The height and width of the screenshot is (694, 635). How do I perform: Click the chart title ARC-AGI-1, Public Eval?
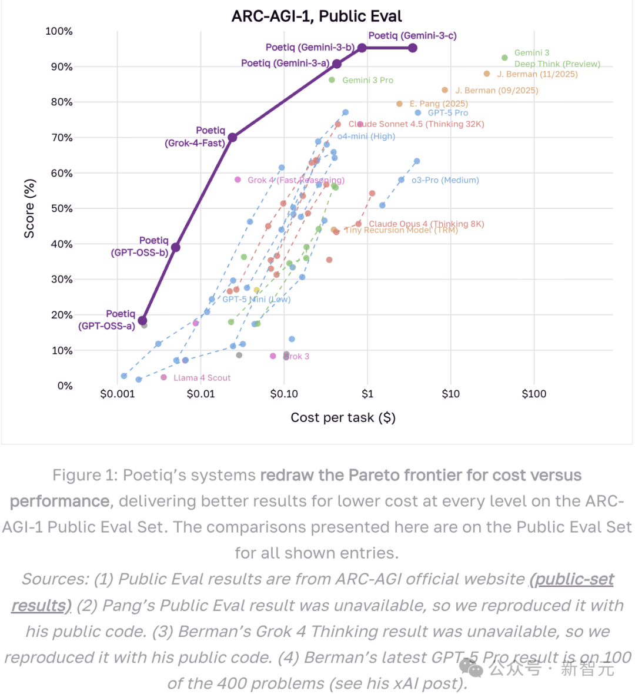click(316, 16)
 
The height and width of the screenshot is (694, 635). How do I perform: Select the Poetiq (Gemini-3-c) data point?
click(413, 48)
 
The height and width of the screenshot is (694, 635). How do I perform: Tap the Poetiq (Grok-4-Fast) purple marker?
click(232, 137)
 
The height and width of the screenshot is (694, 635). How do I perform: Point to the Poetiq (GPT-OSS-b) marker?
click(175, 247)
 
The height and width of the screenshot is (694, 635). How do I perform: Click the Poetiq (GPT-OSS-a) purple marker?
click(142, 321)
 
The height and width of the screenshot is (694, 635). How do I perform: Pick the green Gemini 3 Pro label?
click(367, 80)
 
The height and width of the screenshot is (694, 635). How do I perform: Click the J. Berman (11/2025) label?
click(537, 74)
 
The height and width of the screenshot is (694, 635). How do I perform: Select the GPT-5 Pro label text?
click(447, 112)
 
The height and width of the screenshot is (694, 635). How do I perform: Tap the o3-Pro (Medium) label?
click(444, 180)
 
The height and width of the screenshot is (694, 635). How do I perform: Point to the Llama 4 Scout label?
click(202, 378)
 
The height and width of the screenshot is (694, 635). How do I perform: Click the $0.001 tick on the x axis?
click(117, 394)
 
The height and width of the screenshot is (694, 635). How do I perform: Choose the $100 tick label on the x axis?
click(534, 394)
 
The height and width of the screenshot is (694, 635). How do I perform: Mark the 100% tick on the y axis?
click(59, 31)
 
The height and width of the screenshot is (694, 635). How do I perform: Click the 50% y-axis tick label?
click(61, 208)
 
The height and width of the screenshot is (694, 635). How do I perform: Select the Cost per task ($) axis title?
click(343, 418)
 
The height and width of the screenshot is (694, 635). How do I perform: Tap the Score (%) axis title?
click(29, 208)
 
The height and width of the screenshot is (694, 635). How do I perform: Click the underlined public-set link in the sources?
click(572, 579)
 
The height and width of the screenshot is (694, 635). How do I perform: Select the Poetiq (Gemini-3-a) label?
click(285, 63)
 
